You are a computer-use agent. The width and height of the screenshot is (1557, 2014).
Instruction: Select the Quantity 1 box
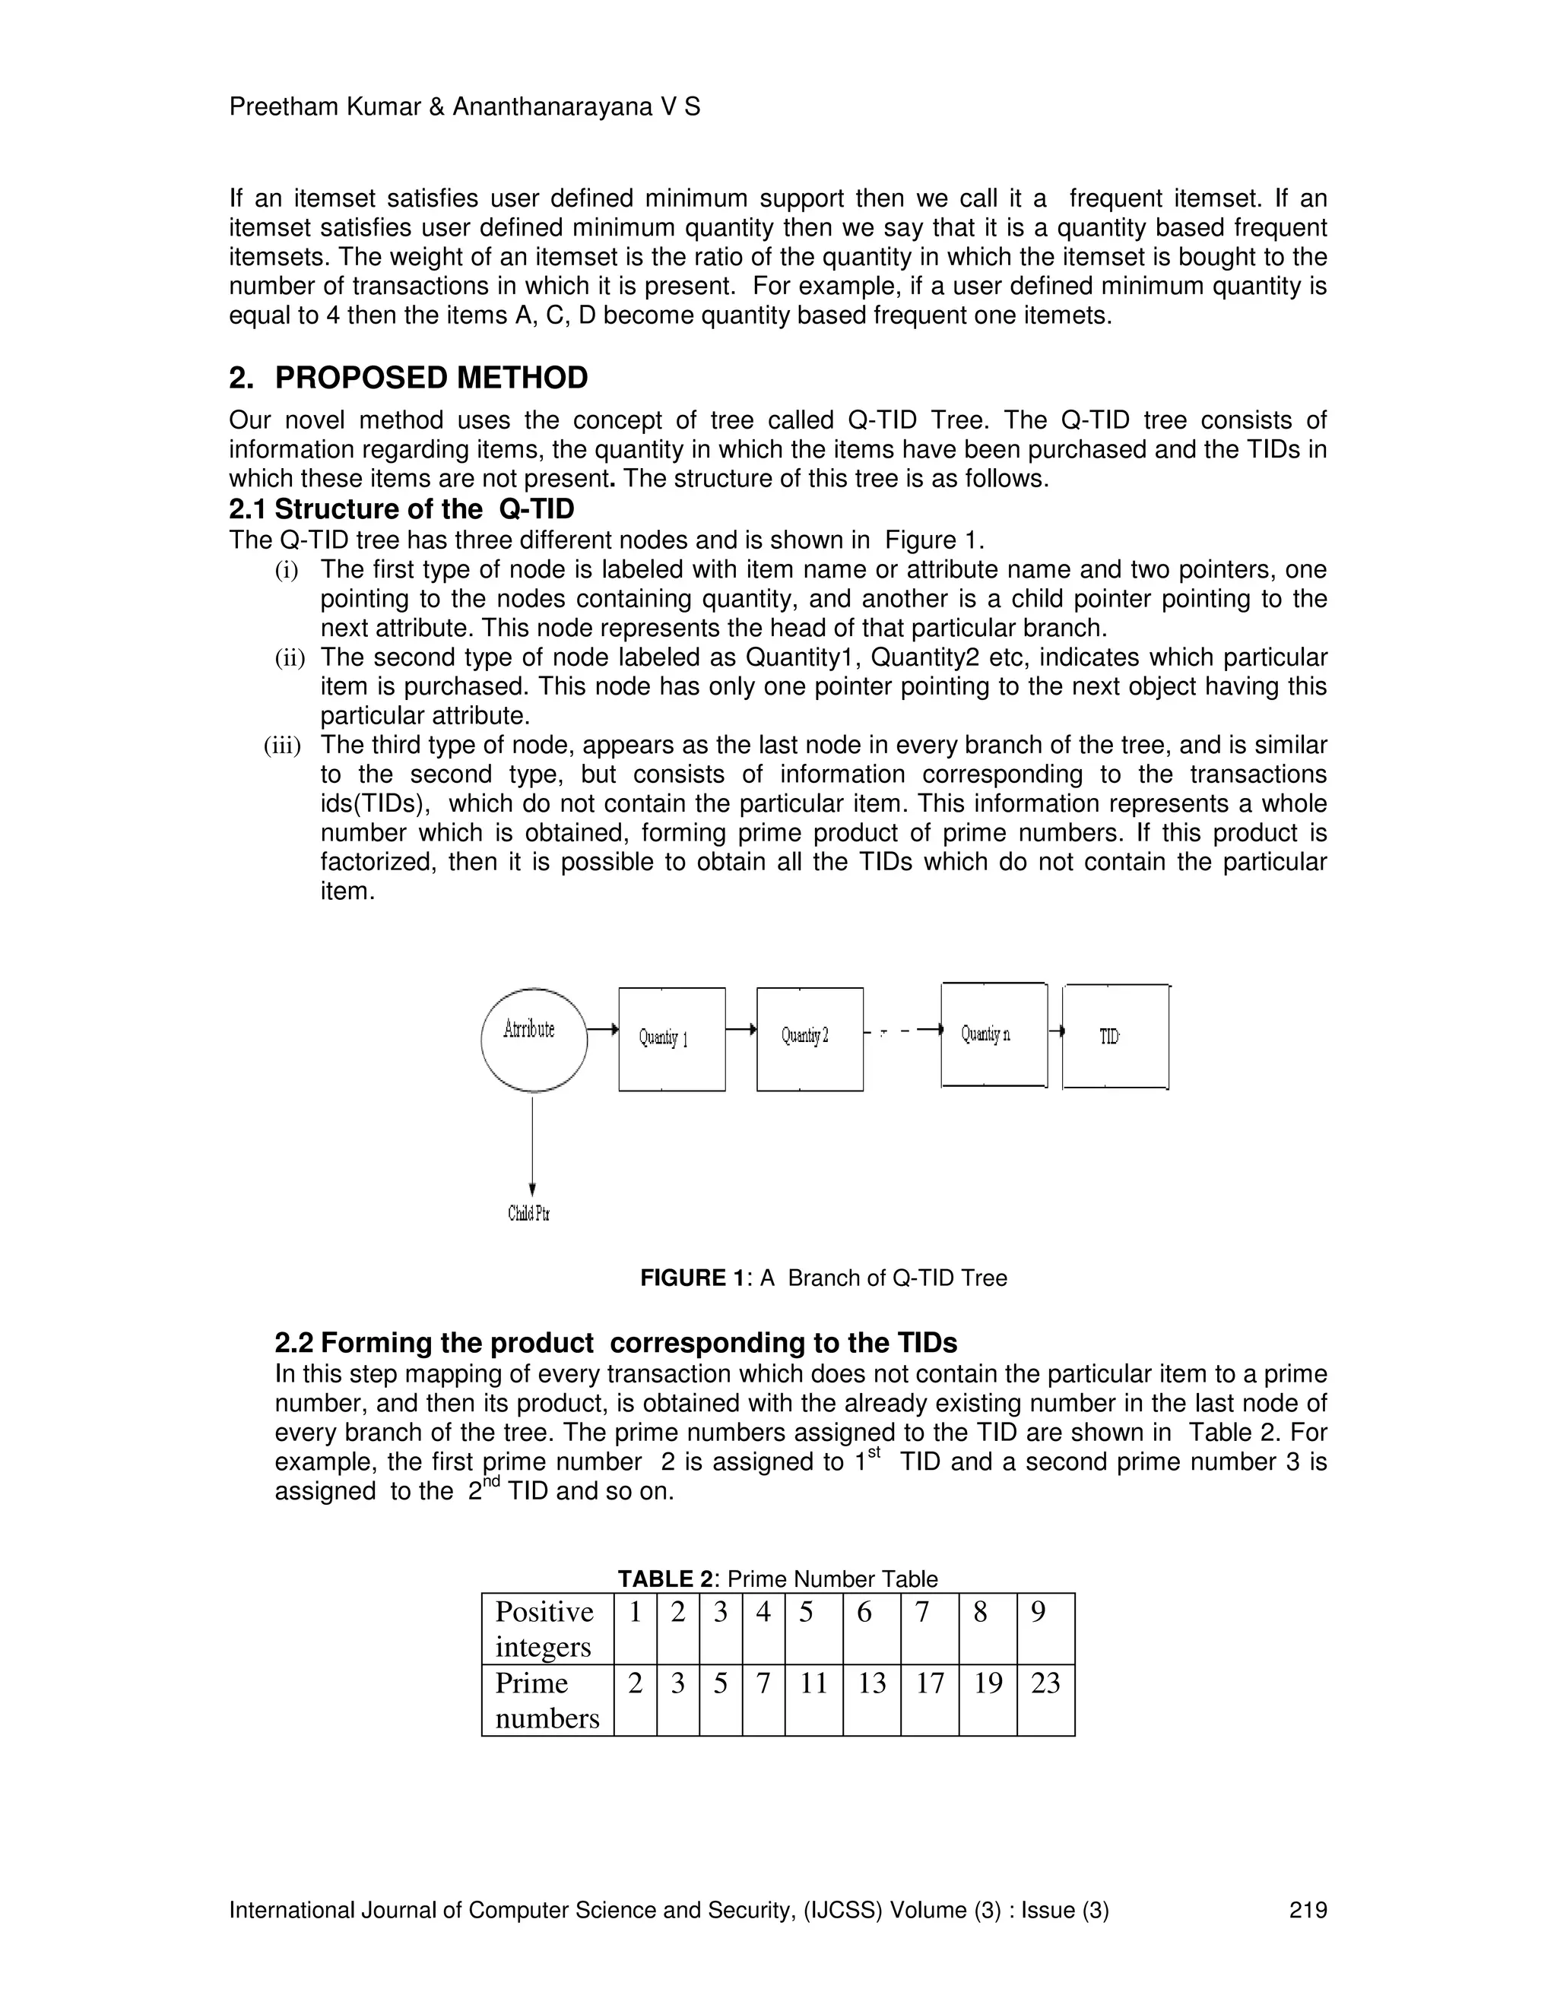(671, 1039)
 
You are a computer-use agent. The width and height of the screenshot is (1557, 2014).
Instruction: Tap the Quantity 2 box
(810, 1038)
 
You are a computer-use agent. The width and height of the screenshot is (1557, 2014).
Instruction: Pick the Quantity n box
(994, 1034)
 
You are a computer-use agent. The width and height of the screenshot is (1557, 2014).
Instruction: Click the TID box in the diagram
(1115, 1037)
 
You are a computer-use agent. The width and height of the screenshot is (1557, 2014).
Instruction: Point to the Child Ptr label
(528, 1214)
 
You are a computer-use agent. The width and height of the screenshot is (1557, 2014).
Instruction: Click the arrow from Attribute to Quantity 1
(602, 1029)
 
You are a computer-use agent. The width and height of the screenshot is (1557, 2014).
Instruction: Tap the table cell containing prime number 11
(813, 1684)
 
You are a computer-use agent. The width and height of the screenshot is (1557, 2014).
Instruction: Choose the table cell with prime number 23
(1045, 1684)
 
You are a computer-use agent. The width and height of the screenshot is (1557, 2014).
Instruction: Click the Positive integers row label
(546, 1629)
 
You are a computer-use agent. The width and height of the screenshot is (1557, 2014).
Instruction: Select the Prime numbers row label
(546, 1700)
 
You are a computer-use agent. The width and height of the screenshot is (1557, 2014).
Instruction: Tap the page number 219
(1308, 1910)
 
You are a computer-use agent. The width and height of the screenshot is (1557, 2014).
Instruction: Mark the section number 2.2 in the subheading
(294, 1343)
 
